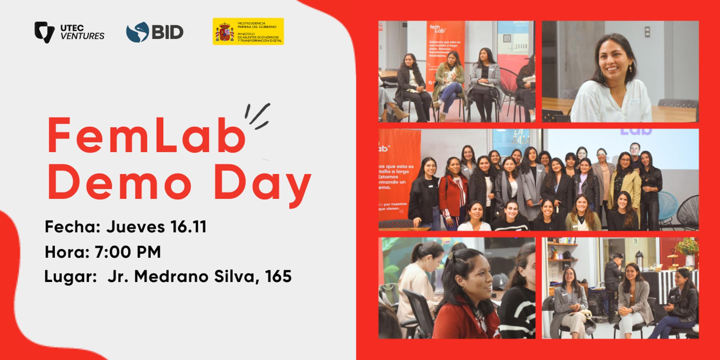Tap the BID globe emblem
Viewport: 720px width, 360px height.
138,32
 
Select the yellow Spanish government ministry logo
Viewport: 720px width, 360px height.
248,32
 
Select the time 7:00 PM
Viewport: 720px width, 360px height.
127,252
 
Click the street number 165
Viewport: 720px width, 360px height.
278,276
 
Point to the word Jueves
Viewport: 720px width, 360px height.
136,227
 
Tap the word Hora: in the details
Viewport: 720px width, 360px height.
67,252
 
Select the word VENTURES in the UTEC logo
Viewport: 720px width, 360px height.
82,36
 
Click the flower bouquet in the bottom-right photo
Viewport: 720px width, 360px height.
686,247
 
